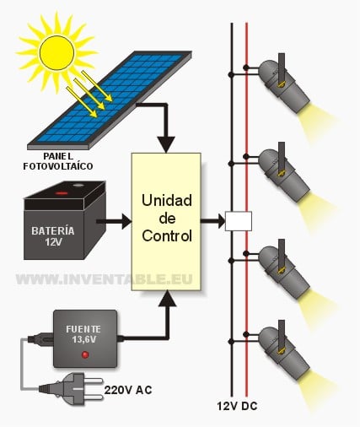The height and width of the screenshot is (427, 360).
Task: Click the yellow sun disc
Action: (57, 52)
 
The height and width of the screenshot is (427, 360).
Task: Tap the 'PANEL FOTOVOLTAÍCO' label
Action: (58, 161)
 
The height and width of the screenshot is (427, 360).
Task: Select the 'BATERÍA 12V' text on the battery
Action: (53, 236)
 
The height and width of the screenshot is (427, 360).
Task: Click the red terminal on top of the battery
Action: (62, 193)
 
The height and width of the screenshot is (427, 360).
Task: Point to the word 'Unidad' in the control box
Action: (167, 201)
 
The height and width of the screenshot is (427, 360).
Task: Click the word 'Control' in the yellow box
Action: (167, 235)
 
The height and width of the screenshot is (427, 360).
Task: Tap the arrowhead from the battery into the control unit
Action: (127, 221)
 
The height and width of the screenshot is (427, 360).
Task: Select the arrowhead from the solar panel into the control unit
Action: (166, 144)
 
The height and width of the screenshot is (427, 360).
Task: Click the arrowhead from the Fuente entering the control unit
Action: (167, 299)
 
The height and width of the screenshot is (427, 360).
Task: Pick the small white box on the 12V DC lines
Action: (239, 221)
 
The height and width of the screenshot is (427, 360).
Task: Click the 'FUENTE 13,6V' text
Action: (83, 334)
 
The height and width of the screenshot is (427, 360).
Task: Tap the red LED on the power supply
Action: (85, 354)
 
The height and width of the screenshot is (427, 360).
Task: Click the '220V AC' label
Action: (128, 390)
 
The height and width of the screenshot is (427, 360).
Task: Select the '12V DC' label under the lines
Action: (237, 406)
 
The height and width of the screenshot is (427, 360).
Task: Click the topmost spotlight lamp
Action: (284, 84)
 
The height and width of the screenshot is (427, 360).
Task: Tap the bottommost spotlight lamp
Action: (284, 352)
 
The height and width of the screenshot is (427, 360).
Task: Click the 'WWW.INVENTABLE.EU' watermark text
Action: (105, 279)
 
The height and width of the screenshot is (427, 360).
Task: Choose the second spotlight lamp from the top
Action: (284, 173)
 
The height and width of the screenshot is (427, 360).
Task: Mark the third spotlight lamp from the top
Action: (284, 271)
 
